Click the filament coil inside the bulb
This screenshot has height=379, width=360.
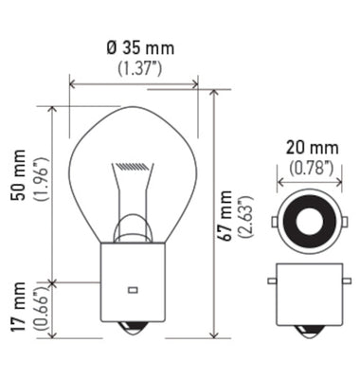tap(134, 167)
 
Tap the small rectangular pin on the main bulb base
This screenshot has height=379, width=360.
tap(133, 287)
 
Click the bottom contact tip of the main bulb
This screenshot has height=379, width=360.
tap(134, 328)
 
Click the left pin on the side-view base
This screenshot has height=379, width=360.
tap(272, 281)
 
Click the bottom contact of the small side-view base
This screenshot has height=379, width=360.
tap(305, 332)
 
